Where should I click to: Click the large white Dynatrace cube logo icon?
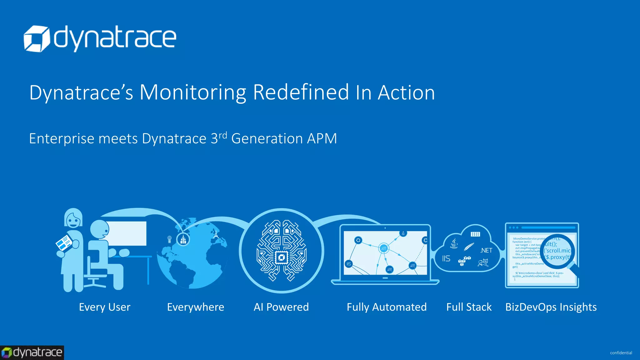click(37, 39)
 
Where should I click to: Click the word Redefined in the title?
click(301, 92)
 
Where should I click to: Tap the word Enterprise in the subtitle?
click(62, 138)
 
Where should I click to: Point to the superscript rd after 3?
click(223, 135)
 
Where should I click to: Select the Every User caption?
click(105, 307)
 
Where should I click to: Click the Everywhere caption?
click(196, 307)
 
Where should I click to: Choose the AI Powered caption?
click(281, 307)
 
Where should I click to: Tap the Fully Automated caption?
click(387, 307)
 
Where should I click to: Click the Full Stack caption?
click(469, 307)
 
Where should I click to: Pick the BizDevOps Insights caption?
click(551, 307)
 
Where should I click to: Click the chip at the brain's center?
click(281, 258)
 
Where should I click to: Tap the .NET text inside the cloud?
click(486, 250)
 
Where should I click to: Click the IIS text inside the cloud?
click(446, 258)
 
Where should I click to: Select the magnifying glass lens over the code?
click(558, 251)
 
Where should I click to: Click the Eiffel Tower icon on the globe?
click(216, 233)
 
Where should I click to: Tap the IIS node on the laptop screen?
click(349, 264)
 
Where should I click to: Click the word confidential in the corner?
click(621, 353)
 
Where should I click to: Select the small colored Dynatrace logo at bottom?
click(32, 352)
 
